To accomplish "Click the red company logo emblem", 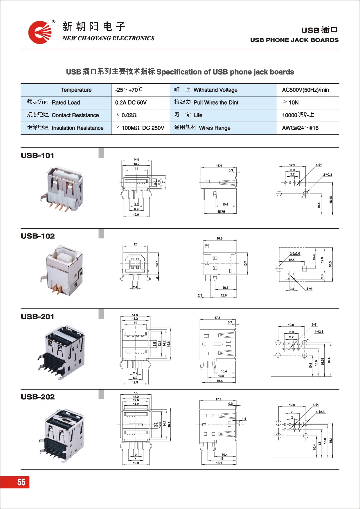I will (40, 32).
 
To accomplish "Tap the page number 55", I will (21, 482).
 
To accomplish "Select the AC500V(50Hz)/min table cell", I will (305, 90).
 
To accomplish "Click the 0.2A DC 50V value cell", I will (131, 102).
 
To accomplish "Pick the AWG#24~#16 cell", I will (300, 128).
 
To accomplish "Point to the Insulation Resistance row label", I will (65, 128).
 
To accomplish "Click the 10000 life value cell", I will (298, 115).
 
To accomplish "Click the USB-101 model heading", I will (37, 156).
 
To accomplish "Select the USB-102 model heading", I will (38, 236).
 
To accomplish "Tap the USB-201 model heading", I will (37, 317).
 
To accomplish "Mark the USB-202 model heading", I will (38, 397).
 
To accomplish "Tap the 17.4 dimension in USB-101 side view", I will (219, 166).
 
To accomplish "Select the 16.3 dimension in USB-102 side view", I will (219, 239).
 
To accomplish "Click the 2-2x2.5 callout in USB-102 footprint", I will (295, 254).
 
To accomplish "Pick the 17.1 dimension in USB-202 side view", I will (218, 399).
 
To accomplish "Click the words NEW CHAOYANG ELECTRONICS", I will (108, 38).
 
